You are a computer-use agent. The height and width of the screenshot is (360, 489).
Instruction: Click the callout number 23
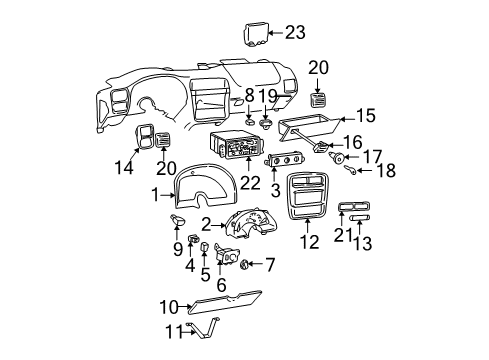click(295, 33)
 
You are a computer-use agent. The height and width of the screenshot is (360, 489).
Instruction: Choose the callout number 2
click(205, 224)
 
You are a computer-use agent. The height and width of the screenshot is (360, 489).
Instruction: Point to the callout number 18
click(385, 171)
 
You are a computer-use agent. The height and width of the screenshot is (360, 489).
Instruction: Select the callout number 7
click(267, 265)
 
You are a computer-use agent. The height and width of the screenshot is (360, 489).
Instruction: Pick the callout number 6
click(222, 284)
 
